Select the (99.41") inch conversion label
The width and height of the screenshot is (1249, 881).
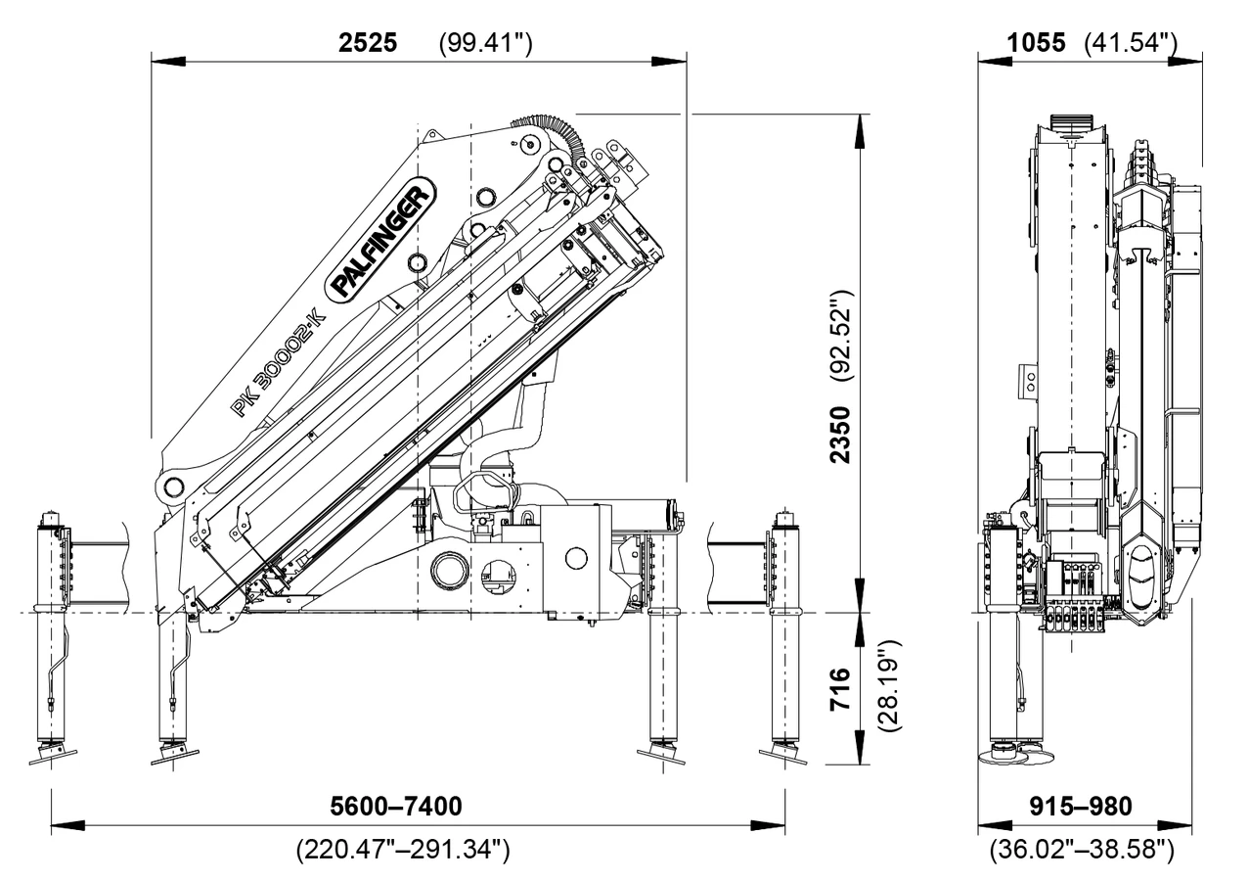tap(485, 43)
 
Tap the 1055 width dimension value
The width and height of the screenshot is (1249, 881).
tap(1037, 43)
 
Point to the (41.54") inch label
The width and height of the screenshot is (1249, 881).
tap(1131, 43)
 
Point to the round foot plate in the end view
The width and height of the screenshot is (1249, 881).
tap(1005, 754)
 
